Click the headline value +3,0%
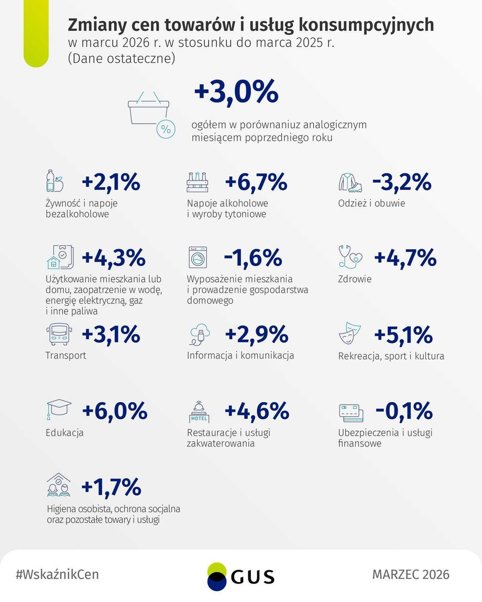tap(236, 92)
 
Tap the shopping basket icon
tap(151, 114)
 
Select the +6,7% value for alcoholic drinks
tap(256, 182)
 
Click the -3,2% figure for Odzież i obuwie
tap(402, 182)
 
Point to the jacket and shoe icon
tap(350, 182)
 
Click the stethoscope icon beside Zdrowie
tap(350, 257)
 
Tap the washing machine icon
tap(198, 257)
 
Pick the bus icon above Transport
tap(59, 334)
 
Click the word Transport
tap(65, 355)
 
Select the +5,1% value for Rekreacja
tap(403, 335)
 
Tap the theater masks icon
tap(350, 333)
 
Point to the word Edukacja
tap(64, 432)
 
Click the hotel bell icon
tap(199, 411)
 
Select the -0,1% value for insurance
tap(404, 411)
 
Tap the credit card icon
tap(351, 413)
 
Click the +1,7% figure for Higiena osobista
tap(112, 487)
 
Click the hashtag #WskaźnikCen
tap(57, 574)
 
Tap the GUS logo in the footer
tap(240, 577)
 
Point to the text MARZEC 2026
tap(411, 574)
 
